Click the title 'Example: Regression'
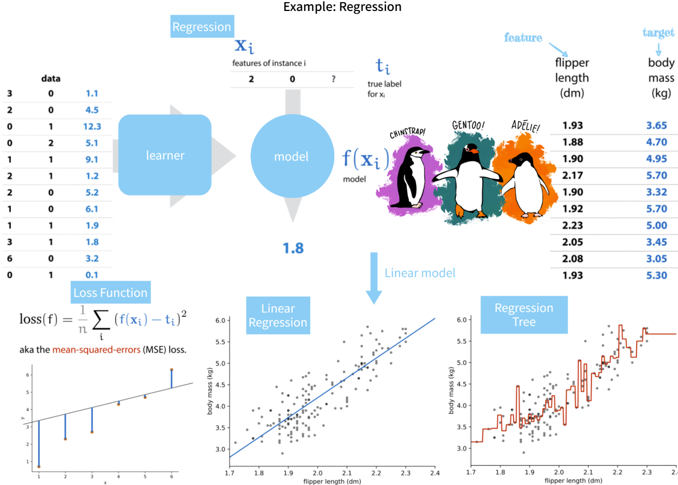pyautogui.click(x=342, y=7)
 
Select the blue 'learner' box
pyautogui.click(x=165, y=155)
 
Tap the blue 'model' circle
pyautogui.click(x=292, y=156)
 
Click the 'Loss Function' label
pyautogui.click(x=110, y=293)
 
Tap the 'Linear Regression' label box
pyautogui.click(x=278, y=315)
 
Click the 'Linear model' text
pyautogui.click(x=420, y=272)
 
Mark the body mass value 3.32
pyautogui.click(x=657, y=192)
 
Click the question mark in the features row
pyautogui.click(x=333, y=79)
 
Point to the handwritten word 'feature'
pyautogui.click(x=523, y=38)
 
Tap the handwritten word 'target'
pyautogui.click(x=658, y=33)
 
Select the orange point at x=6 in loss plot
pyautogui.click(x=172, y=370)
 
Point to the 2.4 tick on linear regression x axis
pyautogui.click(x=435, y=471)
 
